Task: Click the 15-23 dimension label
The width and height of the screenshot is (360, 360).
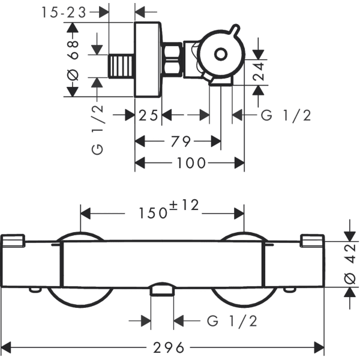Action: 64,12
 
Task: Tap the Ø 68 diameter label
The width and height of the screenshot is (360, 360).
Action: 73,60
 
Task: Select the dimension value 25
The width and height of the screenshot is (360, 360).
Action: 148,115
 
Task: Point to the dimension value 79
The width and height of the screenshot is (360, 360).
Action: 181,141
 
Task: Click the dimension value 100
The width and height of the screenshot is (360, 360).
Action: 191,163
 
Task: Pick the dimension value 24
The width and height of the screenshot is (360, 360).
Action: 259,71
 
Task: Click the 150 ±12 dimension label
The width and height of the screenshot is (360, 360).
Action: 169,209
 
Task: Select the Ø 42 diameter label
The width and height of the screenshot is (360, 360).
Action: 350,264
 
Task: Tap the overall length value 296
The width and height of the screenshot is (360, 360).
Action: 169,347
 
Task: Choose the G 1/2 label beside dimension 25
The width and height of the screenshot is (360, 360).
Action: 286,115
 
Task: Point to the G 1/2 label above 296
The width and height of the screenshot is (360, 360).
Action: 232,321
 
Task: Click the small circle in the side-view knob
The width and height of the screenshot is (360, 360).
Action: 221,54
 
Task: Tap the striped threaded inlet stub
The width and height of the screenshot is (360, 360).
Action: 121,67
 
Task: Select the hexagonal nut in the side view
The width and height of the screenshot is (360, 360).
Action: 172,59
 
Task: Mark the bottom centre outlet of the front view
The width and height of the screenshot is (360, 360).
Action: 163,289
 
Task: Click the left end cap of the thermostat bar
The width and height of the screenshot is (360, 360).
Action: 13,241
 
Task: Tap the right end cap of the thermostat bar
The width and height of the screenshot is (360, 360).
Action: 312,241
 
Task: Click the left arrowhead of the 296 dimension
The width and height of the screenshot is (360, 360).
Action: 6,347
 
